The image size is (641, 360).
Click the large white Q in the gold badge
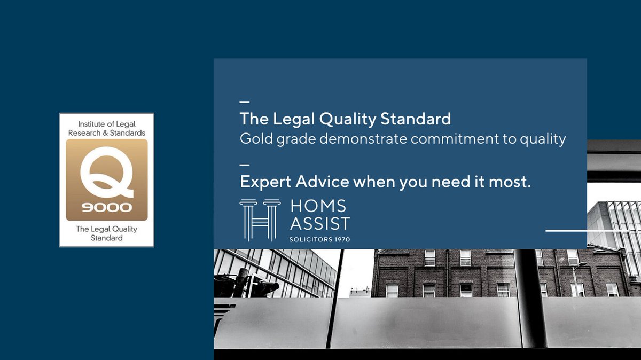(x=106, y=171)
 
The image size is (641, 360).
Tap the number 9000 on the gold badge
(x=107, y=207)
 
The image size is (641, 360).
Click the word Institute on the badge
(x=91, y=124)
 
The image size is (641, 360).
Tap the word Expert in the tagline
(x=265, y=182)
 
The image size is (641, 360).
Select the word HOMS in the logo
(x=318, y=206)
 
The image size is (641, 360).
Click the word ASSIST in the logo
(x=320, y=223)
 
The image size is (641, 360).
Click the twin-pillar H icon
(x=260, y=220)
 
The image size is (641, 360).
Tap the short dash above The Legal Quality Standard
(x=245, y=101)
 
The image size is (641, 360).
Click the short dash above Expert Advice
(x=245, y=165)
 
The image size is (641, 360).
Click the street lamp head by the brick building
(x=581, y=264)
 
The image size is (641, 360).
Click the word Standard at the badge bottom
(x=107, y=238)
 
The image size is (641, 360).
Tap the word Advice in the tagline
(x=322, y=182)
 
